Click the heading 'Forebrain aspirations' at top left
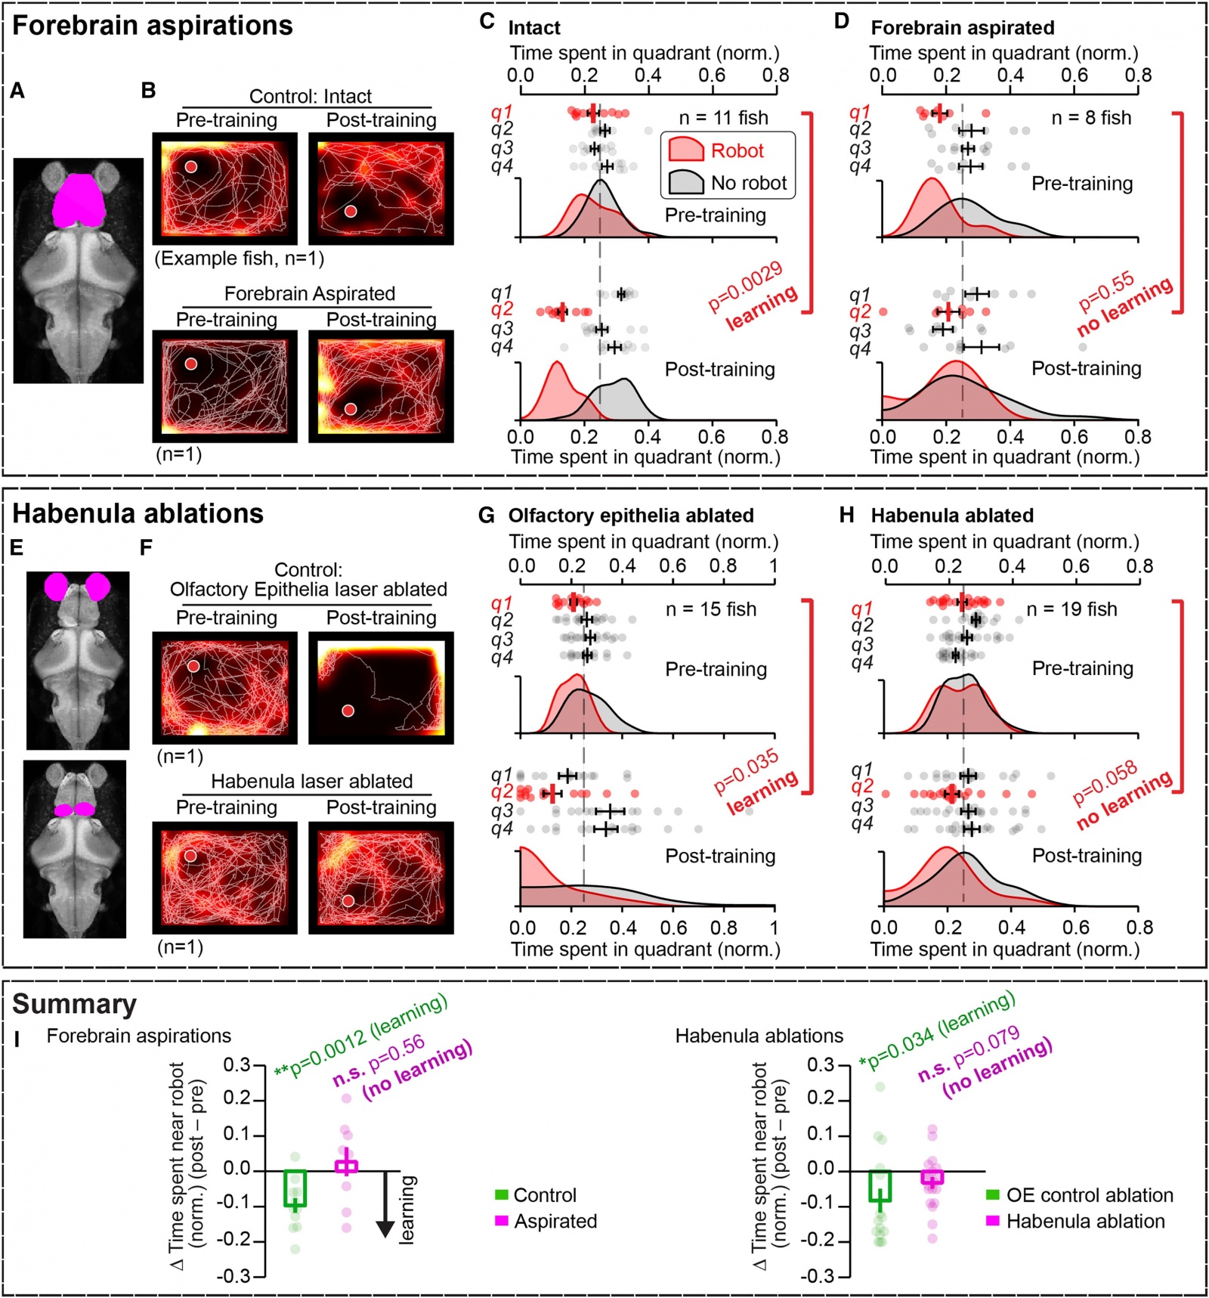152,26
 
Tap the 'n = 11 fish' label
723,118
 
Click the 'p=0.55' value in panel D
1106,291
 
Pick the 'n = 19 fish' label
1071,609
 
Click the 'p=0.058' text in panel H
1105,782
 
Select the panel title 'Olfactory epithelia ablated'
631,516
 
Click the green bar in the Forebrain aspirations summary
295,1188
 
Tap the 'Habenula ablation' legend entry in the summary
1085,1221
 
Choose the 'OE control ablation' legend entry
1090,1195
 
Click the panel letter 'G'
487,516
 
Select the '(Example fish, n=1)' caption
240,259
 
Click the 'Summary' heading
74,1004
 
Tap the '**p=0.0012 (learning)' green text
361,1035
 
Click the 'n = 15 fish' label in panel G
710,609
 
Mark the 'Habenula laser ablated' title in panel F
311,781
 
